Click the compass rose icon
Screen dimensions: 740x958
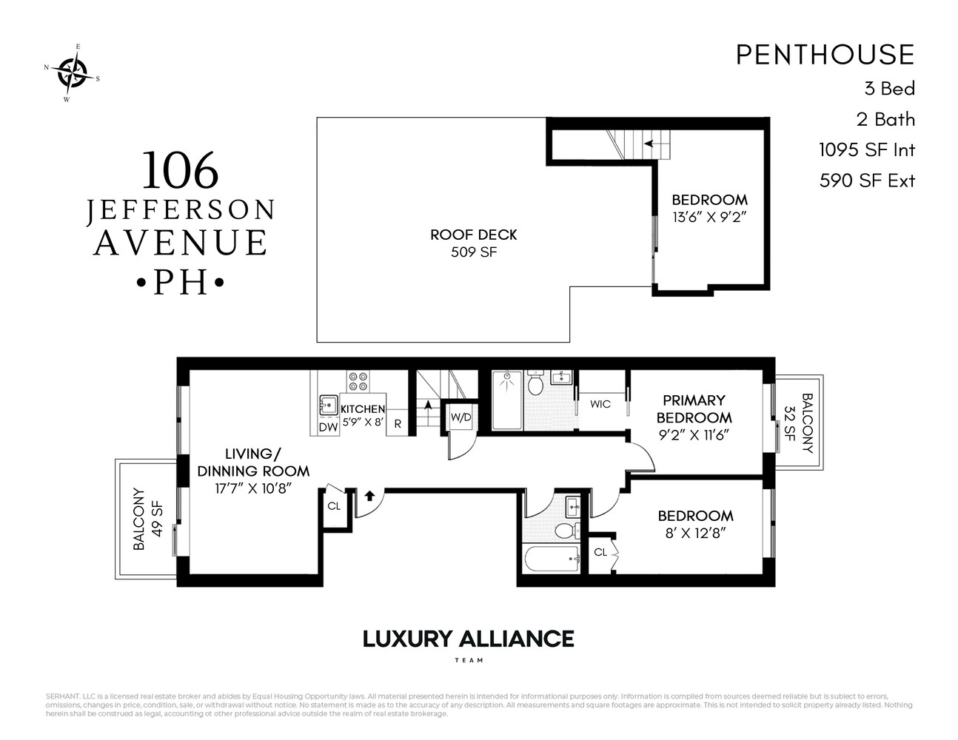click(72, 72)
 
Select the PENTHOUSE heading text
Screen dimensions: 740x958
click(825, 55)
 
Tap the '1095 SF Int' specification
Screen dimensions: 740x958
click(866, 150)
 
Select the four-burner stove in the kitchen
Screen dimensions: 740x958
click(358, 381)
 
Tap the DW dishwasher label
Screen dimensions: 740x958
click(328, 427)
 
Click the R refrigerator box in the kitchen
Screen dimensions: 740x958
click(398, 423)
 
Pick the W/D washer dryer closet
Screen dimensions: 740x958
click(460, 418)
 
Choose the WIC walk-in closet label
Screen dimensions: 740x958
click(600, 404)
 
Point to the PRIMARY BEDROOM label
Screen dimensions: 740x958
click(694, 408)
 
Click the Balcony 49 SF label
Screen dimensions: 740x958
click(147, 519)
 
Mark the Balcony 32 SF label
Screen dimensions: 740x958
click(797, 423)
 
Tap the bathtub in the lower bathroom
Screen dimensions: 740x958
click(552, 559)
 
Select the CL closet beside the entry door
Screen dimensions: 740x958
click(334, 507)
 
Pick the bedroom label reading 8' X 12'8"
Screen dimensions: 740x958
click(695, 524)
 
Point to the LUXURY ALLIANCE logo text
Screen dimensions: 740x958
click(468, 639)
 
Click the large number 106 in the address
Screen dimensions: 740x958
click(180, 170)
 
